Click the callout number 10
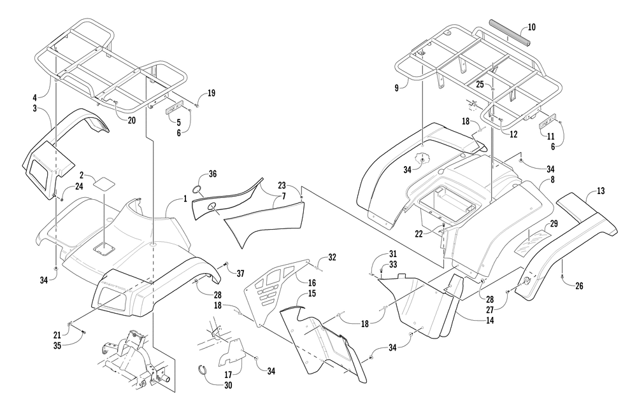[x=533, y=27]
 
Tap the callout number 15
[x=311, y=294]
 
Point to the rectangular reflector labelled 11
[x=548, y=122]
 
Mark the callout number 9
[x=397, y=88]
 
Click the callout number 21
[x=58, y=333]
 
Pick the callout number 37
[x=240, y=273]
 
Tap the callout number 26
[x=579, y=286]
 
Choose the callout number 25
[x=480, y=84]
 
